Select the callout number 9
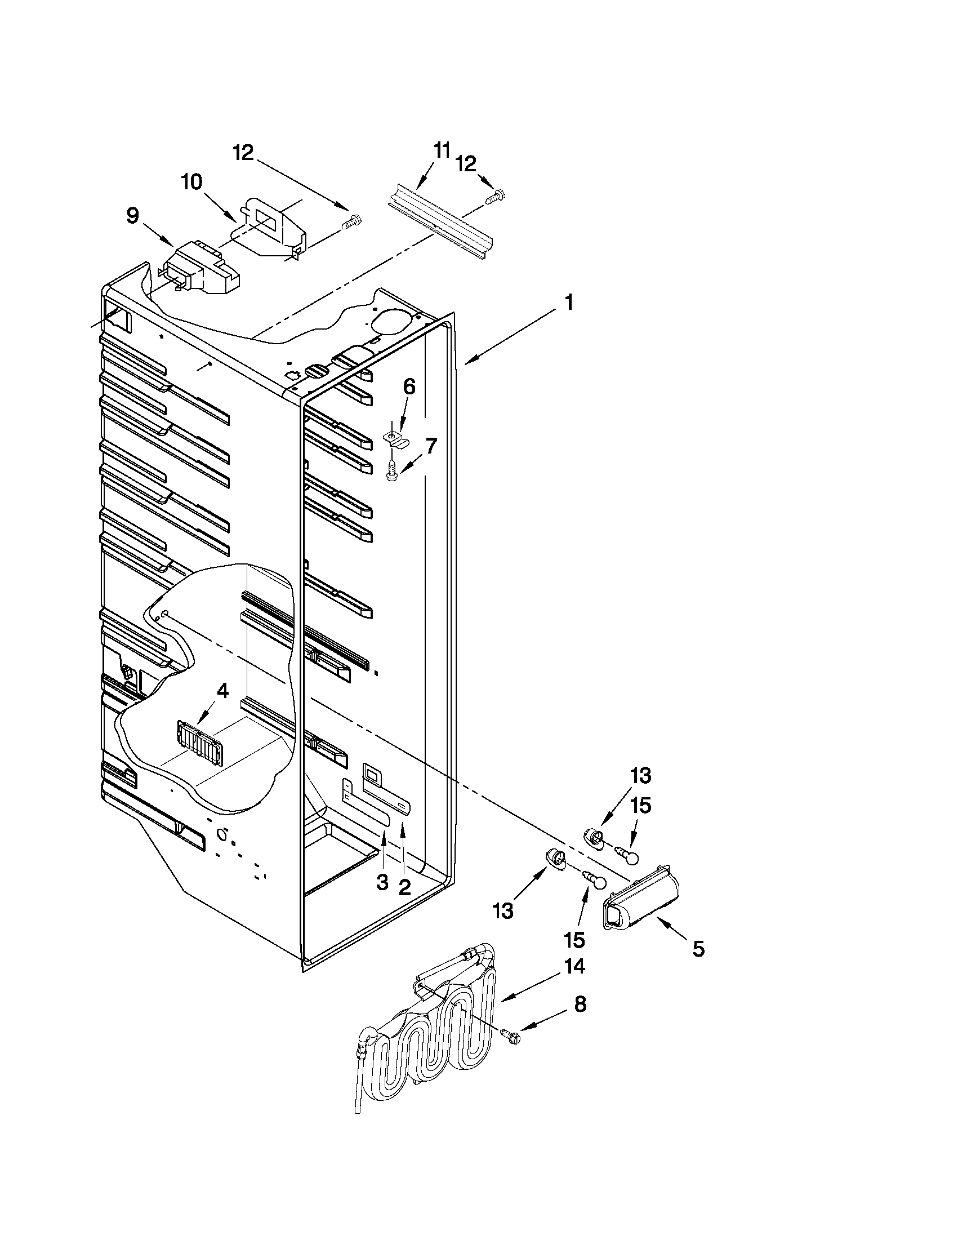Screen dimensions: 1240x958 click(132, 216)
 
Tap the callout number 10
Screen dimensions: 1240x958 click(192, 183)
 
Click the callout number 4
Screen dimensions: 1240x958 click(222, 691)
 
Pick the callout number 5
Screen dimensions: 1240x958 click(698, 948)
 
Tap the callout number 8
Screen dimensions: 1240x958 click(580, 1005)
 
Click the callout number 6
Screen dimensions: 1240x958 click(409, 386)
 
